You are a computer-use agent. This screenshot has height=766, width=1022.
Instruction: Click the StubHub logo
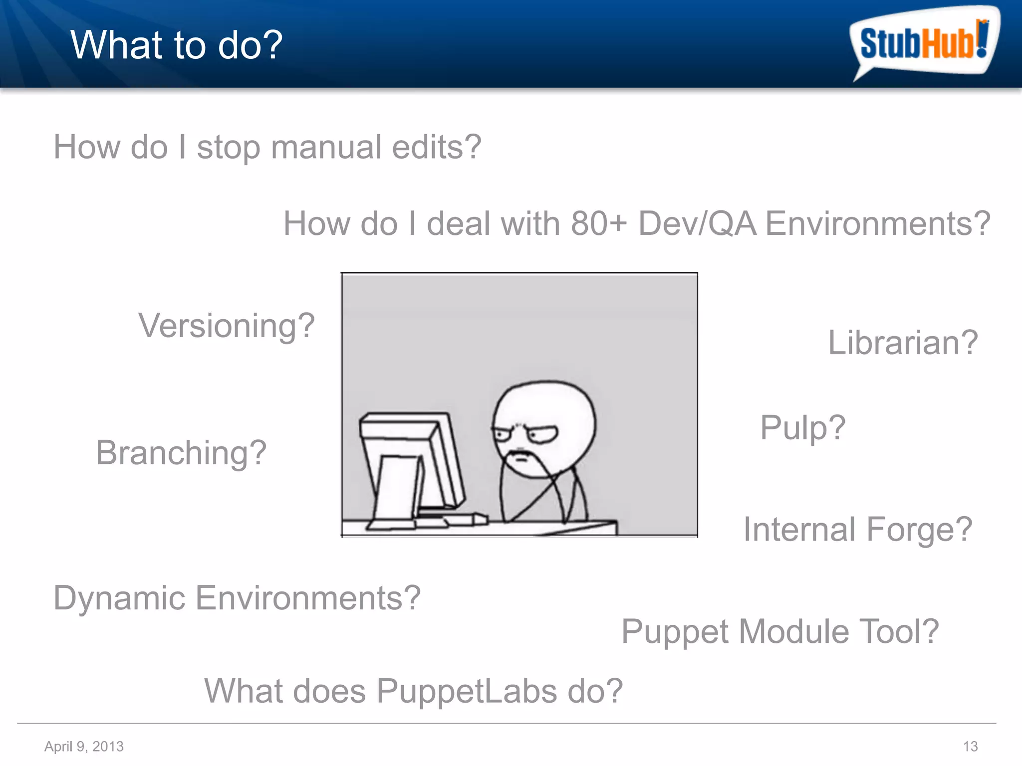tap(923, 42)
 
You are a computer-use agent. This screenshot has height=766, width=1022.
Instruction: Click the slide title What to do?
tap(176, 45)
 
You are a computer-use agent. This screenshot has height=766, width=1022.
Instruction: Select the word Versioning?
tap(227, 326)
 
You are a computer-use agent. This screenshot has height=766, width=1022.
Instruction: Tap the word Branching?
tap(181, 453)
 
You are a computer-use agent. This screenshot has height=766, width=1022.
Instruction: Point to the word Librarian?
tap(903, 343)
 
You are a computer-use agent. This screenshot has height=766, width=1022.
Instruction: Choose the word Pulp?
tap(802, 428)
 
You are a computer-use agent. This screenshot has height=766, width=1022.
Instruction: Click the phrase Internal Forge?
tap(857, 530)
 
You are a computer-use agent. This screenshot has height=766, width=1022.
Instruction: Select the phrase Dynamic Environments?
tap(237, 598)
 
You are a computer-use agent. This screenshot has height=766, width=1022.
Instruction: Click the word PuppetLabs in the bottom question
tap(467, 691)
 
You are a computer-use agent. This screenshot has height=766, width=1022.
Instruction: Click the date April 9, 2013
tap(84, 747)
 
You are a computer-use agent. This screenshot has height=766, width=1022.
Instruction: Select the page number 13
tap(970, 747)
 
